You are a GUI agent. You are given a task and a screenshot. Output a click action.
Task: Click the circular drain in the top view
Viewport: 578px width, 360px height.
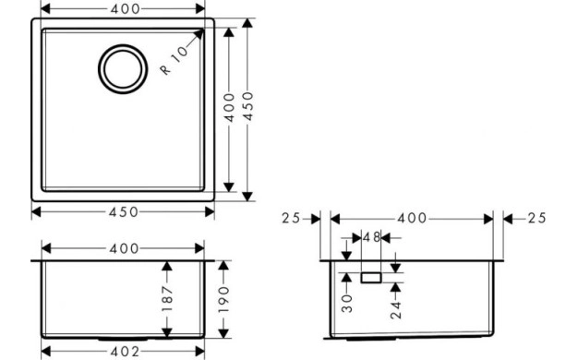coord(123,69)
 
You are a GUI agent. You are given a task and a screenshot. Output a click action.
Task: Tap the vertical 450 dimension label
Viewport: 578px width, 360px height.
coord(247,109)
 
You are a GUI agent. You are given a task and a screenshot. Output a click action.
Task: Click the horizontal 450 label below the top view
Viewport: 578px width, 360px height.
coord(123,211)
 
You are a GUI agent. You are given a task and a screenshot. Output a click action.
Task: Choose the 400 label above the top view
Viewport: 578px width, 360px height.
coord(123,9)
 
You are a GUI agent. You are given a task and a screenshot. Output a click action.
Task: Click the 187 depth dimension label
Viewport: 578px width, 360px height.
coord(167,297)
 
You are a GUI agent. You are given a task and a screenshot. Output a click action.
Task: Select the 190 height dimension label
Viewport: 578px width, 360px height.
coord(223,297)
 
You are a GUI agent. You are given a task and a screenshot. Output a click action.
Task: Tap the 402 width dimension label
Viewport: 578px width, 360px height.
coord(123,352)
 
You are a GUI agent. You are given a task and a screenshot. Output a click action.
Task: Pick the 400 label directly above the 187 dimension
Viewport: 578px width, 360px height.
coord(123,248)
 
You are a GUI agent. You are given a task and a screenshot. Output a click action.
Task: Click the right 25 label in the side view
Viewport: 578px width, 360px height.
coord(535,219)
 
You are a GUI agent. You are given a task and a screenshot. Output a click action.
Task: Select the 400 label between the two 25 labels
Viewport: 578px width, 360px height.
coord(412,219)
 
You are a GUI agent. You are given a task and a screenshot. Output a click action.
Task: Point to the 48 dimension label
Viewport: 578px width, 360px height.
coord(371,238)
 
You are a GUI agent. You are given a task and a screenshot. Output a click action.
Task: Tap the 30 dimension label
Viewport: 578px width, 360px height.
coord(346,303)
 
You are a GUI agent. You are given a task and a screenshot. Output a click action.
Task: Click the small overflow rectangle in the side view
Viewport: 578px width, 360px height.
coord(371,277)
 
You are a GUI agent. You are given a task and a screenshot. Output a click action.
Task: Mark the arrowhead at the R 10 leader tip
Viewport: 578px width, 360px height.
coord(200,34)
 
